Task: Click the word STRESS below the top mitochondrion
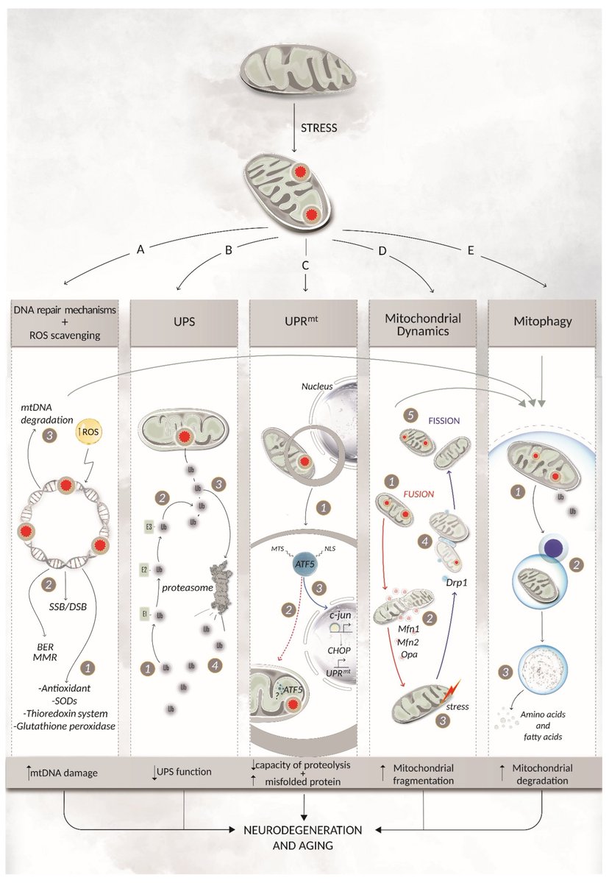[318, 127]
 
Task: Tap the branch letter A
[140, 250]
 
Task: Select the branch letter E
[471, 250]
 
